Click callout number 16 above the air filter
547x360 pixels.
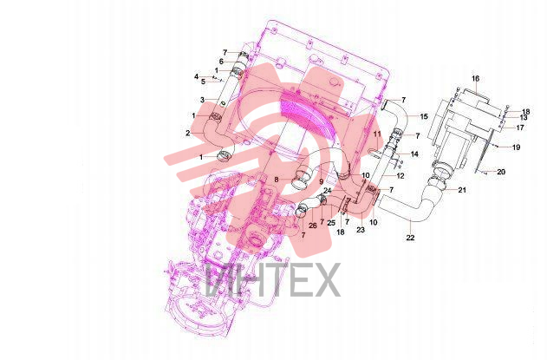476,79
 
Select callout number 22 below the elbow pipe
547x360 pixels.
411,238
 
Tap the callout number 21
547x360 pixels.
462,190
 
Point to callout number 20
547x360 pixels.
501,172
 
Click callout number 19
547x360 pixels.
516,147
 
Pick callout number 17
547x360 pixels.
520,128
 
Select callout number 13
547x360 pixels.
524,118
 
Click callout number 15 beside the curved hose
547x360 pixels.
424,116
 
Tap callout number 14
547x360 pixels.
414,154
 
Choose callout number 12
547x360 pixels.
400,176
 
